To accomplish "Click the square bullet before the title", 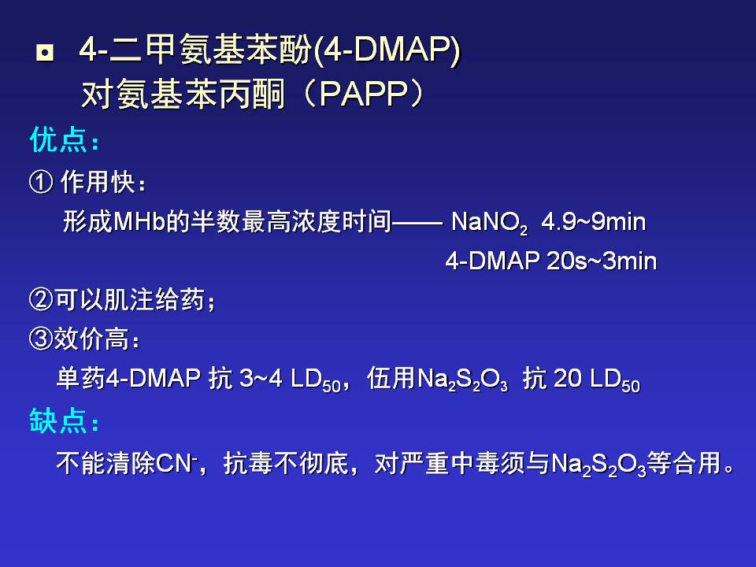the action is click(x=45, y=53).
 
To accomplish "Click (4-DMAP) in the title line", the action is click(x=387, y=50).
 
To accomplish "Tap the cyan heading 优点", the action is click(x=58, y=141).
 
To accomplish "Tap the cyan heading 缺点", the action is click(x=58, y=421).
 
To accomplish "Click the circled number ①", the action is click(x=41, y=182).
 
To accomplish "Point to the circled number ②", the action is click(x=40, y=300).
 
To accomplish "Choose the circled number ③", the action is click(x=40, y=339).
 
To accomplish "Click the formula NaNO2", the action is click(x=489, y=223).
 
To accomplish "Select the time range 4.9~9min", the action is click(x=593, y=222).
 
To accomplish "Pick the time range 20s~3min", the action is click(x=601, y=261).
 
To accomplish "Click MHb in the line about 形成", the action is click(x=139, y=222).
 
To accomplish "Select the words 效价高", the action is click(x=91, y=339).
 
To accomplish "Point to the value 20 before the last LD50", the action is click(x=568, y=379).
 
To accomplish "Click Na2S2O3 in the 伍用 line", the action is click(x=462, y=380).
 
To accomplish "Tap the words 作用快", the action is click(x=98, y=182).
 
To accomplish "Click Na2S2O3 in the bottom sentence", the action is click(x=598, y=465).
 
